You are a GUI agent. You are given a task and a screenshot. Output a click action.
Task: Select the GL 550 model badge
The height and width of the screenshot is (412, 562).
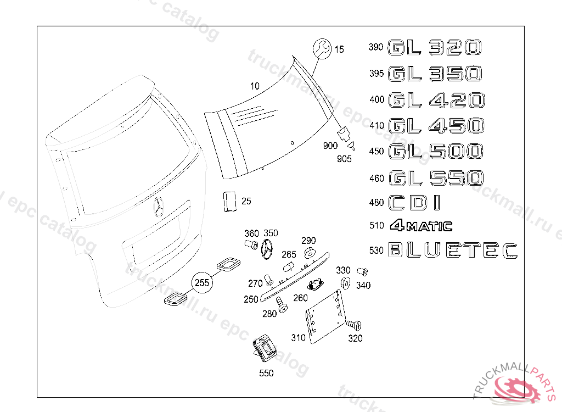tap(436, 178)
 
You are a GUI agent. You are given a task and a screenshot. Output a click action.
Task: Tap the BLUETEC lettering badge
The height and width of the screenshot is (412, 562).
tap(453, 250)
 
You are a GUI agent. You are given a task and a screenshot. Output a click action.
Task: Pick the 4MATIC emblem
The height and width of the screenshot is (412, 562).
tap(421, 225)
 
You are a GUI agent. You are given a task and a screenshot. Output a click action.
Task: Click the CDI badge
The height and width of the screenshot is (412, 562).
tap(414, 203)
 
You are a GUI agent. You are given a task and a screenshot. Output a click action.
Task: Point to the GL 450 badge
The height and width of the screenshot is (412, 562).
tap(436, 126)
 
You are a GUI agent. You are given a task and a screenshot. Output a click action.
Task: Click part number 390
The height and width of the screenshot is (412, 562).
tap(375, 47)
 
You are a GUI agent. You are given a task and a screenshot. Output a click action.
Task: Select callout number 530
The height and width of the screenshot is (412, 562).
tap(376, 250)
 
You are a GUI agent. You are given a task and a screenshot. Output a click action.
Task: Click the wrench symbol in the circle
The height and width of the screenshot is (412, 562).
tap(322, 48)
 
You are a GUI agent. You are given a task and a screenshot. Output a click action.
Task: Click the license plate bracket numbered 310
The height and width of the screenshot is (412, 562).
tap(325, 317)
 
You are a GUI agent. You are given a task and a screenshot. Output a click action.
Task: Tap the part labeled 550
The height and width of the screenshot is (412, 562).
tap(264, 348)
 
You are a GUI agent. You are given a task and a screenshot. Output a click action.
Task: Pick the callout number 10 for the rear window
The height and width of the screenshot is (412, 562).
tap(255, 86)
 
